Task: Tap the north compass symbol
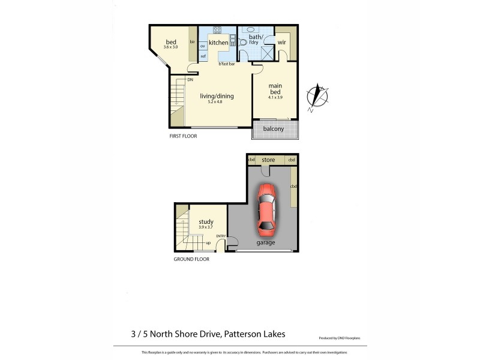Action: tap(317, 97)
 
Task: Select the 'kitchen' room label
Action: tap(218, 43)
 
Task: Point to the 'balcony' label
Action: tap(273, 129)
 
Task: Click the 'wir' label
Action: tap(281, 43)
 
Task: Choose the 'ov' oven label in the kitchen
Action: tap(203, 46)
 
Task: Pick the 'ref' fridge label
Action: tap(203, 56)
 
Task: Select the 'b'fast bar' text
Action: tap(226, 64)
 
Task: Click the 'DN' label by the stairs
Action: tap(190, 80)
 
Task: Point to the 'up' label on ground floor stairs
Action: tap(208, 243)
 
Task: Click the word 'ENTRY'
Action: tap(221, 236)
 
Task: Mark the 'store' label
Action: tap(268, 160)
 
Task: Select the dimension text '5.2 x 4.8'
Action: tap(217, 101)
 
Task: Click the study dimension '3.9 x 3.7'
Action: tap(206, 227)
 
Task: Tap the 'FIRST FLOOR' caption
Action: tap(183, 136)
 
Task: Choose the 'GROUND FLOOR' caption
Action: tap(191, 259)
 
